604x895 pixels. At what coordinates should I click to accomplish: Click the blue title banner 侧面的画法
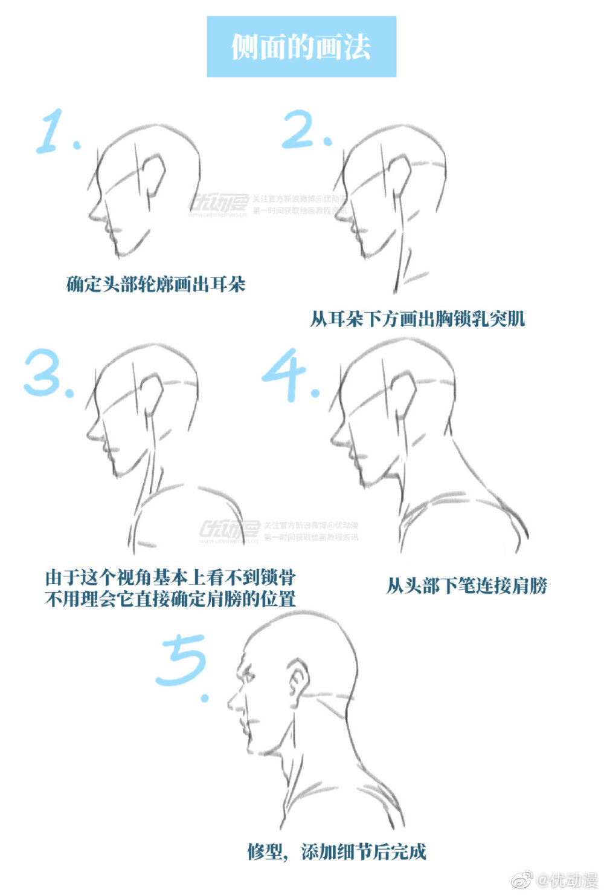(x=301, y=47)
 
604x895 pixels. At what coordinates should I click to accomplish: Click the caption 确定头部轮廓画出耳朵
(x=155, y=284)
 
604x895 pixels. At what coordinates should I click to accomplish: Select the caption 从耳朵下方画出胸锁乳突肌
(x=417, y=319)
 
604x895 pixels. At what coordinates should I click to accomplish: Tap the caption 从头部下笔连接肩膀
(x=466, y=585)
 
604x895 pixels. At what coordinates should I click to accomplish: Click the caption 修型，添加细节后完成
(x=336, y=851)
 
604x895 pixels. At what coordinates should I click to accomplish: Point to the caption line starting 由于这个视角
(x=170, y=577)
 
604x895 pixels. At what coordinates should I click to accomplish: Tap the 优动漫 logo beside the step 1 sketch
(x=219, y=205)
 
